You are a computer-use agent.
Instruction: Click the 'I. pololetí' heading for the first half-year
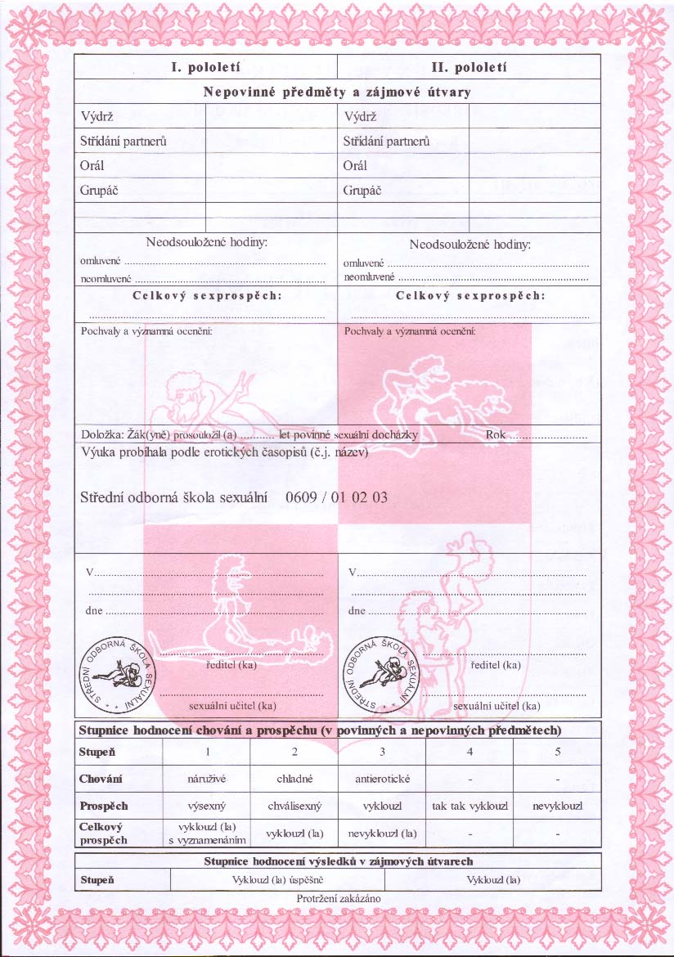click(x=205, y=67)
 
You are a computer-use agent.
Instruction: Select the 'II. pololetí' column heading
click(x=469, y=67)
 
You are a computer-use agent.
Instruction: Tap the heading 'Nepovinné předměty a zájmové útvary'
click(x=337, y=92)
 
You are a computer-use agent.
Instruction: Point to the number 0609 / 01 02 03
click(x=337, y=496)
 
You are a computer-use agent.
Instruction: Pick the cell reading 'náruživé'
click(x=208, y=779)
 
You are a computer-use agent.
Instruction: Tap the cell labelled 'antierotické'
click(x=382, y=779)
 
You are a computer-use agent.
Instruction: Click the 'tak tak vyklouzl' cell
click(x=470, y=806)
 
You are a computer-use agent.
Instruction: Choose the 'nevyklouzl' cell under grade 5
click(x=557, y=806)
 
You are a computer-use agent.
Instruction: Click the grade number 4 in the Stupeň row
click(x=470, y=751)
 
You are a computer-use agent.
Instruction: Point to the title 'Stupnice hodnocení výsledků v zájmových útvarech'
click(x=338, y=861)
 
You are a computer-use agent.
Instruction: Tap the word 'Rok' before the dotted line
click(x=496, y=435)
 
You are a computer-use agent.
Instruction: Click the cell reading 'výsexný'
click(x=208, y=806)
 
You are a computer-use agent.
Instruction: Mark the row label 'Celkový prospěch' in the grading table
click(x=104, y=833)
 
